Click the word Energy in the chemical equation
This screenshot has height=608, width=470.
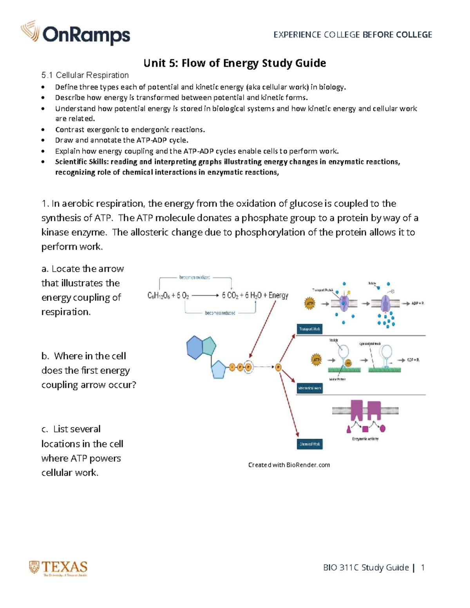(278, 295)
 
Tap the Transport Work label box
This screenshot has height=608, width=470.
(309, 329)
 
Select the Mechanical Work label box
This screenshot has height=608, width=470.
(309, 388)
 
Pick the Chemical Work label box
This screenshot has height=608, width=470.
(309, 444)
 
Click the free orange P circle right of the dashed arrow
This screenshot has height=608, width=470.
(278, 367)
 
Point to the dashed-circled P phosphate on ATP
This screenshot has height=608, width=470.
(248, 367)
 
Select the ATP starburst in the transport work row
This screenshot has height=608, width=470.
(310, 303)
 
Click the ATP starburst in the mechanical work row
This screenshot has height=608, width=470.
(316, 360)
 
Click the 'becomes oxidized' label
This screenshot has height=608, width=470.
(195, 277)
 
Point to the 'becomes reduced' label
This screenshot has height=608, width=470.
(220, 313)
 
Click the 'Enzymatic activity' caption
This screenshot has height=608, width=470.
(365, 439)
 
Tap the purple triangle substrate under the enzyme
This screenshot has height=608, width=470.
(349, 429)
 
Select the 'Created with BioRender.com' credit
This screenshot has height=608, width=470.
(289, 465)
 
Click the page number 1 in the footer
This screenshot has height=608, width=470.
(423, 567)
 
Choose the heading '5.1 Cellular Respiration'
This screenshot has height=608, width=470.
(85, 75)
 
